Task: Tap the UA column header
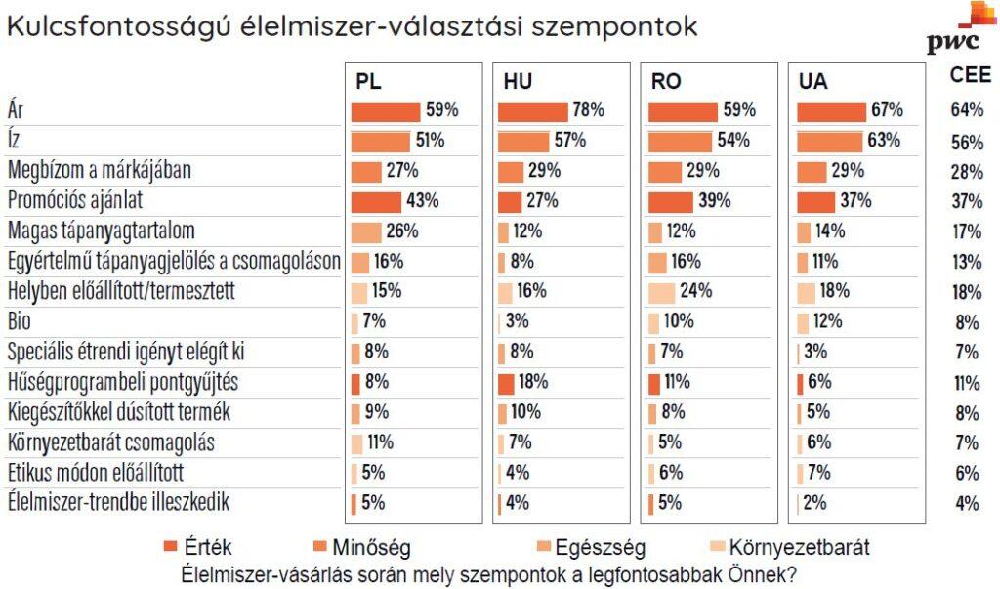[813, 82]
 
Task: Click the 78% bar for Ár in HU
[533, 111]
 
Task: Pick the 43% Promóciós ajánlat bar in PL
[376, 202]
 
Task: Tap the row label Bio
[20, 321]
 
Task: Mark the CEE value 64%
[966, 109]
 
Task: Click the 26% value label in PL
[402, 231]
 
